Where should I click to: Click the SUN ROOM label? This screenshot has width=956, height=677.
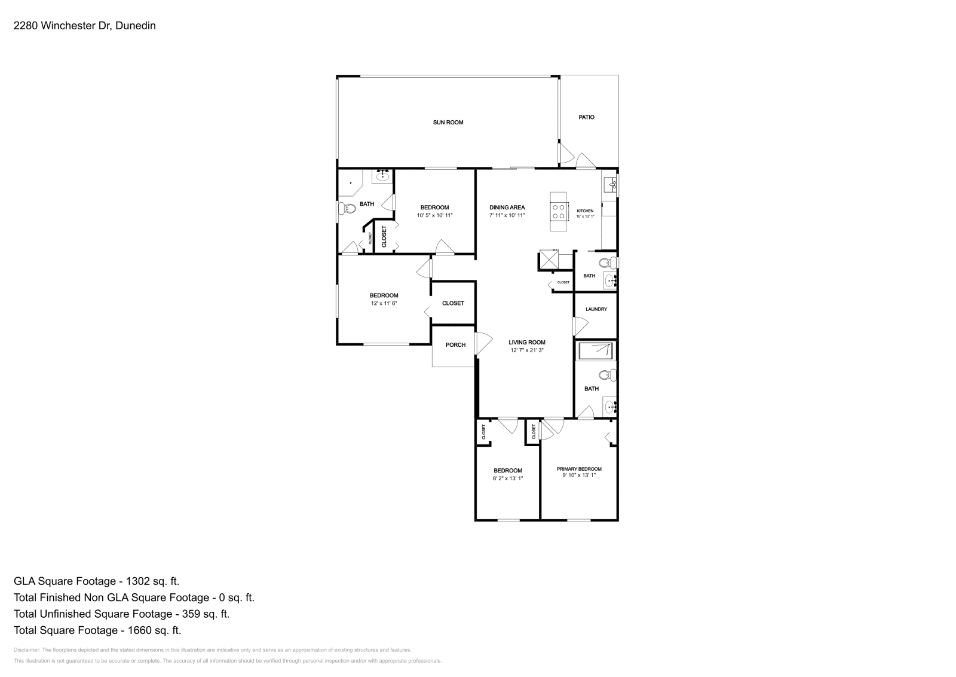point(448,123)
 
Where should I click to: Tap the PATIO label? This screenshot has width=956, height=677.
point(586,117)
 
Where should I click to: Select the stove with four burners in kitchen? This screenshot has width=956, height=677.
point(559,211)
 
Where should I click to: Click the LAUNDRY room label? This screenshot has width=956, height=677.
point(596,309)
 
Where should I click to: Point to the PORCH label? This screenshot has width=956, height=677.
point(455,345)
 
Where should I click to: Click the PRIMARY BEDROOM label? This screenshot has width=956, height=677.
point(578,469)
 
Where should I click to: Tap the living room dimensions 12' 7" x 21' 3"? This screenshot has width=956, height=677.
point(527,350)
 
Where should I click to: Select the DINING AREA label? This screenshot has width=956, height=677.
point(507,208)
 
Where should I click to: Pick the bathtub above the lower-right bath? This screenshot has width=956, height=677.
point(595,351)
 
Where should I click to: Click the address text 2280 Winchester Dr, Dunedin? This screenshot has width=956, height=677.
point(84,26)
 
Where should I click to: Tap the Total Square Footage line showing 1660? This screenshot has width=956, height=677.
point(97,630)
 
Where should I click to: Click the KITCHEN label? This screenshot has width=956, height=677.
point(585,211)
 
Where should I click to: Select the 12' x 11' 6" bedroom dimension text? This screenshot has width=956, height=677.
point(384,304)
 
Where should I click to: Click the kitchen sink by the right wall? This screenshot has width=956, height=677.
point(610,184)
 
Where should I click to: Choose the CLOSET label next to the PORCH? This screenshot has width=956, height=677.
point(453,303)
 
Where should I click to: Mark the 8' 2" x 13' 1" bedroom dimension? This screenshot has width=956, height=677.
point(507,478)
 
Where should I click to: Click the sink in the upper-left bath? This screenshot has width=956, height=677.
point(382,176)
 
